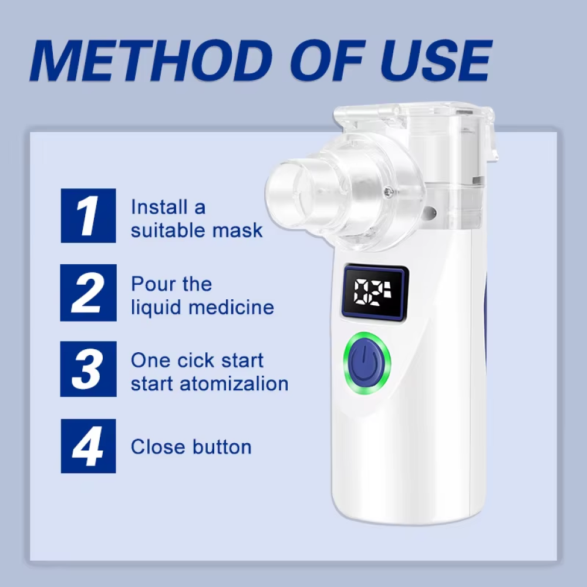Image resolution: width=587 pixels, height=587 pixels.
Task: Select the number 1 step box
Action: [x=88, y=215]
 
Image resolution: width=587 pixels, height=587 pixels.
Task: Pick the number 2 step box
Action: [x=88, y=292]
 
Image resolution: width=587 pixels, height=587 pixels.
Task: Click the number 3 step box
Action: [x=88, y=369]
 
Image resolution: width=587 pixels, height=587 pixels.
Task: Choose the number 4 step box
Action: [x=88, y=446]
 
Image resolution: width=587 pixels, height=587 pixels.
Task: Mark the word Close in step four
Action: [x=154, y=447]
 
